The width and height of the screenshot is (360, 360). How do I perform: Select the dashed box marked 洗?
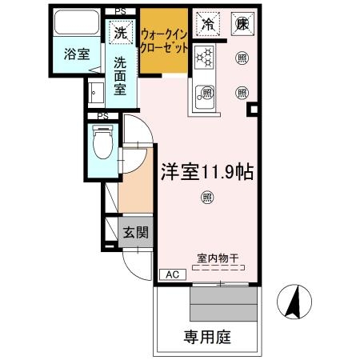pos(120,34)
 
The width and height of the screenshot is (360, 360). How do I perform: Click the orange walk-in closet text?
pos(165,41)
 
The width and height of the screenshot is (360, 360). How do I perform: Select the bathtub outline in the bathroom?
pos(76,25)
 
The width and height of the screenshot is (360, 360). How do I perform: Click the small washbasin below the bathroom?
pos(96,94)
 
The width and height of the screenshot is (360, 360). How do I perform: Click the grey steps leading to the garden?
pos(224,303)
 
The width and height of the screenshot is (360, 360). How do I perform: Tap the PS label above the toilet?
pos(102,116)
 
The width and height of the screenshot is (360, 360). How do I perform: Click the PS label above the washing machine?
pos(120,11)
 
